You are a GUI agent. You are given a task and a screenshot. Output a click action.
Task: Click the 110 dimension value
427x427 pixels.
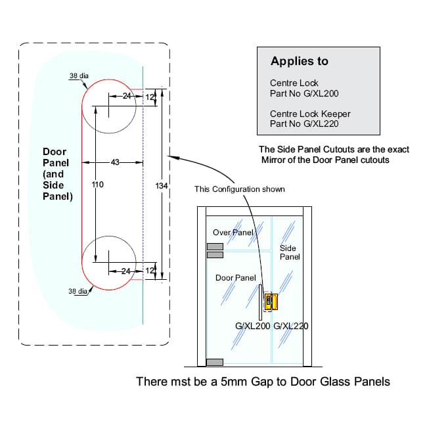(x=98, y=186)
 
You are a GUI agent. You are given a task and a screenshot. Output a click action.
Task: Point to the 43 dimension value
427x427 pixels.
(x=114, y=162)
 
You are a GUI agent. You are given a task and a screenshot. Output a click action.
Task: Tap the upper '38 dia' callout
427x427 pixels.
(x=78, y=76)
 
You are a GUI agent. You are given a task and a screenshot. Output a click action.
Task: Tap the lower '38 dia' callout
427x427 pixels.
(x=78, y=291)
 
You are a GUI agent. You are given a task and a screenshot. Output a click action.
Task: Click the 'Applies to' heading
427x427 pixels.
(x=299, y=62)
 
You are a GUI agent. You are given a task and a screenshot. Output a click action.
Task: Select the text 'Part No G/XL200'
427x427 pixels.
(x=304, y=94)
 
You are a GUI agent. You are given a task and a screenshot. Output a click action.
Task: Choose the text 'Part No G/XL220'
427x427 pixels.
(x=304, y=124)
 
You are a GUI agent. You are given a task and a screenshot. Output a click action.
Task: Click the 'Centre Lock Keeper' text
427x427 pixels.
(x=310, y=114)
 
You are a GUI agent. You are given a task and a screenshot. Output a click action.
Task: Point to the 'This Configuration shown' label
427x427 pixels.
(x=240, y=190)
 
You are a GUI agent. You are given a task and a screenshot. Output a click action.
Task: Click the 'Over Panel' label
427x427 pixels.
(x=233, y=233)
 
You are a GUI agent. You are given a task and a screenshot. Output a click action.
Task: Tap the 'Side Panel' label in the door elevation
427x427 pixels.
(x=289, y=252)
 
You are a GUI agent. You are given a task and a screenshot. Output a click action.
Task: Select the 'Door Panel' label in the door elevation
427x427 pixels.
(x=235, y=278)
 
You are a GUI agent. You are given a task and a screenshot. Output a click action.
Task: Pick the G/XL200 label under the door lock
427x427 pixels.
(x=252, y=326)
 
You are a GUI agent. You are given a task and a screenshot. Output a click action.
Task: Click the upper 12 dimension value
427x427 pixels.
(x=150, y=97)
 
